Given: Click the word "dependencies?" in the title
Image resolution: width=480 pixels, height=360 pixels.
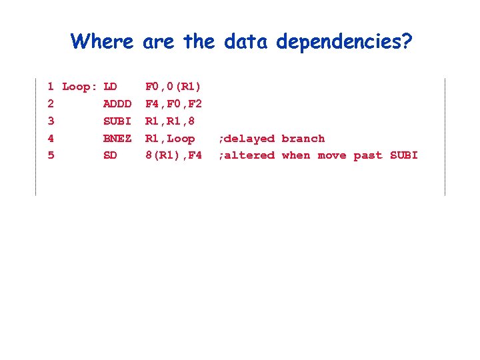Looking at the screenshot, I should tap(345, 42).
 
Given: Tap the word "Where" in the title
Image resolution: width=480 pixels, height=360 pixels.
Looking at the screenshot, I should tap(102, 41).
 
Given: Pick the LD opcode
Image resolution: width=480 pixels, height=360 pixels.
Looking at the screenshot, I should tap(111, 87).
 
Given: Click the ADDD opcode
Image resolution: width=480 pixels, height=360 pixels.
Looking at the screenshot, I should tap(117, 104).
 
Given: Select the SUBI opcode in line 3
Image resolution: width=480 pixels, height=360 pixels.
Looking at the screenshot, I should tap(117, 121).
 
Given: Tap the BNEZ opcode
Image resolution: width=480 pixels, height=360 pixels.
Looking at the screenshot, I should tap(117, 139).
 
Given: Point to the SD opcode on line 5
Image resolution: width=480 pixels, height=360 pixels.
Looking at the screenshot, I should tap(111, 155).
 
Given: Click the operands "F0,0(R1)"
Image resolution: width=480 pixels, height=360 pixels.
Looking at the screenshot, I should tap(173, 87).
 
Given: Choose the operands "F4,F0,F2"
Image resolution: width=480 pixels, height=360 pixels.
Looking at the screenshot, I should tap(173, 104).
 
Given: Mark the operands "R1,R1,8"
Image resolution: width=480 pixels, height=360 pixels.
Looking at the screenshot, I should tap(170, 121).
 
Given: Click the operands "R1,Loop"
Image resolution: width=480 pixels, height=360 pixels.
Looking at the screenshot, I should tap(170, 139).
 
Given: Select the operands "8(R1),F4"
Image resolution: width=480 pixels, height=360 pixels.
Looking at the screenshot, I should tap(173, 155).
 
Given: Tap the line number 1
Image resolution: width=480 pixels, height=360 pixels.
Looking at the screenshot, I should tap(51, 87).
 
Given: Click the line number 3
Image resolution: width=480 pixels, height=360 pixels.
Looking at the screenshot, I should tap(51, 121).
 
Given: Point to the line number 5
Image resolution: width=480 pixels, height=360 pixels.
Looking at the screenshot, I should tap(51, 155).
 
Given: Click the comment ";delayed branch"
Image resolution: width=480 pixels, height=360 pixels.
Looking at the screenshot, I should tap(271, 139).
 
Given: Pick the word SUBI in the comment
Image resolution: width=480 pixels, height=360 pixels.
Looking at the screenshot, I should tap(404, 155).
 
